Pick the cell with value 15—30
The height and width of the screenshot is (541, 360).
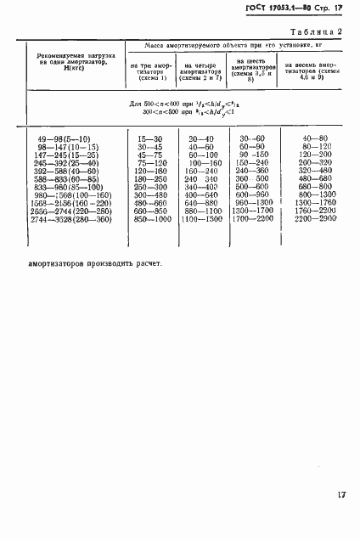[x=150, y=138]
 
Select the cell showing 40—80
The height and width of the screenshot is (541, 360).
[x=313, y=138]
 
